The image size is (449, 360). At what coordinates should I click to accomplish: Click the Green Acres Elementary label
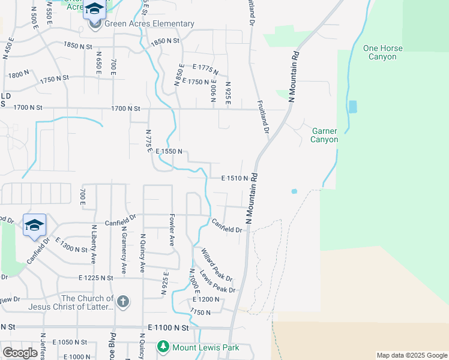tap(149, 24)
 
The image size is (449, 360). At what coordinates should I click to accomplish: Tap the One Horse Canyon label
tap(379, 52)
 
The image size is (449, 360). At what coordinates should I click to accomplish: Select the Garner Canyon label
tap(324, 135)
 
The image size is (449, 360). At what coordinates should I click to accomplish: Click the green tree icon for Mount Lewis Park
tap(163, 347)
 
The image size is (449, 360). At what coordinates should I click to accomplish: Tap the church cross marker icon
tap(122, 302)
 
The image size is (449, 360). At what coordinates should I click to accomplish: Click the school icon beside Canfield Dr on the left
tap(34, 225)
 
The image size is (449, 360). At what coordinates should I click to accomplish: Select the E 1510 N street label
tap(235, 178)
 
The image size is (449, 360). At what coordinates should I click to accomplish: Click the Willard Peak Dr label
tap(217, 265)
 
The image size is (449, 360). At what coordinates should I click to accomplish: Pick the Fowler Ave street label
tap(171, 232)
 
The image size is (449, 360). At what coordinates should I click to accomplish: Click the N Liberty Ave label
tap(93, 244)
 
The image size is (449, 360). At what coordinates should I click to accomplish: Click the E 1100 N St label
tap(168, 328)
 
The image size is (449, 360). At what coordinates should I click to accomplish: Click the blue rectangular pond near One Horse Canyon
tap(352, 107)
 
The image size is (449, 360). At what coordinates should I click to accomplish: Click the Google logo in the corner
tap(20, 352)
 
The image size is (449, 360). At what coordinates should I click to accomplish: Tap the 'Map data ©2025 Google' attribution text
tap(411, 355)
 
